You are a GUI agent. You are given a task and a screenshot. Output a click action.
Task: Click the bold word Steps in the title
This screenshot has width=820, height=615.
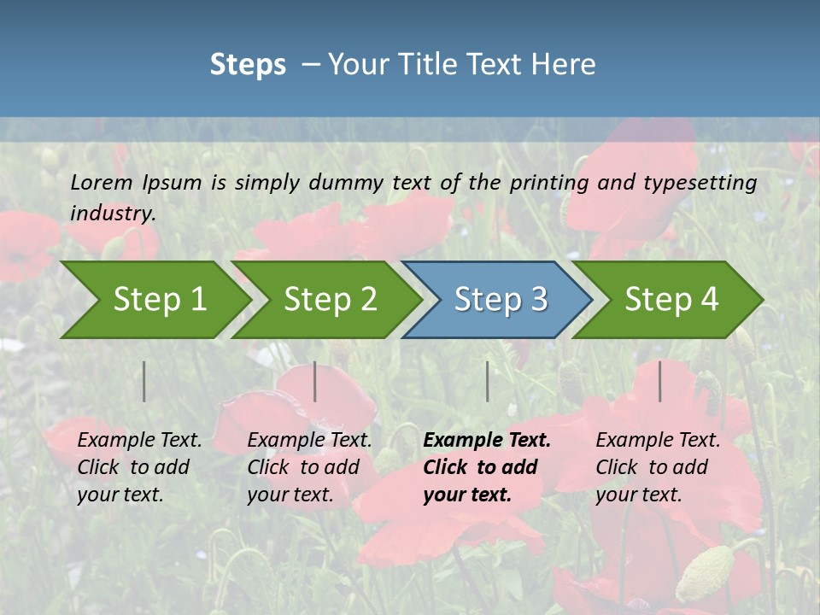[248, 64]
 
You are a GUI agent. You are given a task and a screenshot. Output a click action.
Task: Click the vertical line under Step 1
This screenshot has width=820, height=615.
[144, 381]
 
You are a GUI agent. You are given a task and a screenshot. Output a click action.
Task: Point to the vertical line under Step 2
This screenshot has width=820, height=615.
[315, 381]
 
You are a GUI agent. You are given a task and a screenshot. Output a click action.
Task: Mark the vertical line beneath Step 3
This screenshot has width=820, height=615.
[488, 381]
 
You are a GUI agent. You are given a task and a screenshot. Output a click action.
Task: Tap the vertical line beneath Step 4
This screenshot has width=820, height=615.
[660, 381]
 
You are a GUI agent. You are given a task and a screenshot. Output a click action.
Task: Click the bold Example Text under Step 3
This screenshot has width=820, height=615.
[487, 441]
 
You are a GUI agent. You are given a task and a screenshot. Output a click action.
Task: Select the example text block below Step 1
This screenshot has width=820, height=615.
[139, 467]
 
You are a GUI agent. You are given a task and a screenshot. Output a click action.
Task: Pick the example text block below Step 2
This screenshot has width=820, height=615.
[309, 467]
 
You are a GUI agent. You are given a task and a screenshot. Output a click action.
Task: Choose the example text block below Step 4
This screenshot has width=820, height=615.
[658, 467]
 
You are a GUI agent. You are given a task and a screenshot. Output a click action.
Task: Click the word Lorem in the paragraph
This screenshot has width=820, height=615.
[102, 183]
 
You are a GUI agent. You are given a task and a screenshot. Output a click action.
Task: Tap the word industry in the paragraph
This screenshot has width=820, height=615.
[113, 213]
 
